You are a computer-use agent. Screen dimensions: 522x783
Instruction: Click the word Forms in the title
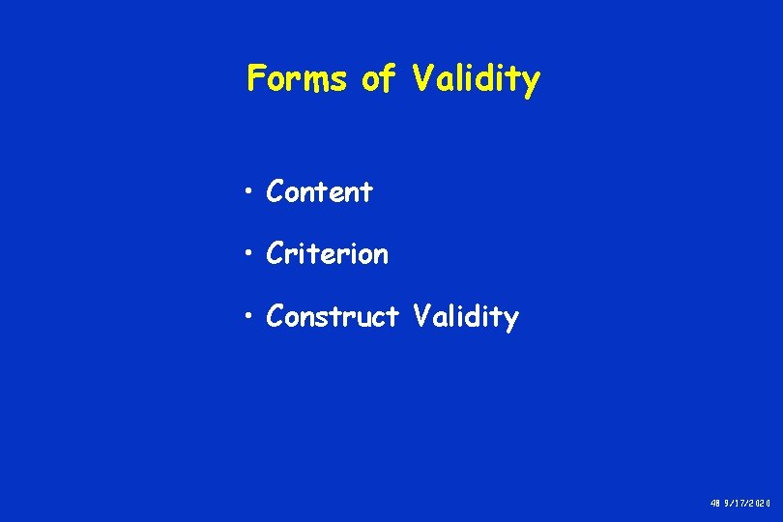(300, 78)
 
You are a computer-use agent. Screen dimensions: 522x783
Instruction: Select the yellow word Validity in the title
(476, 79)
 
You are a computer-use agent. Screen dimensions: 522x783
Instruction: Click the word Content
(319, 192)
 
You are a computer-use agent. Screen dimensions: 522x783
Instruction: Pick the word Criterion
(328, 254)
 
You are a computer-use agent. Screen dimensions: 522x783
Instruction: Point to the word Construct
(333, 316)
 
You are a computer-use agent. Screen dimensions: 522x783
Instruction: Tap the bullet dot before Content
(250, 193)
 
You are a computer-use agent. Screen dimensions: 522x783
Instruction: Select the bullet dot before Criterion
(250, 255)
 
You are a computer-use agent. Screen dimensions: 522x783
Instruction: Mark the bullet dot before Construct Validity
(250, 317)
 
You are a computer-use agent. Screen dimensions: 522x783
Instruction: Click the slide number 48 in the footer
(715, 504)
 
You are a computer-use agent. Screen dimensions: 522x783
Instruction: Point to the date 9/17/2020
(748, 504)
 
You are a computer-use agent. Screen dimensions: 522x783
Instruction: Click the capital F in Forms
(256, 78)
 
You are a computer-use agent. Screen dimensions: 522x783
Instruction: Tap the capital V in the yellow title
(421, 78)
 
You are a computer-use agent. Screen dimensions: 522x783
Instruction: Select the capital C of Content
(275, 192)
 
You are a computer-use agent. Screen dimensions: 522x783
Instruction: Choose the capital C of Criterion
(275, 254)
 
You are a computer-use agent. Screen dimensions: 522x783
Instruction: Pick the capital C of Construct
(275, 316)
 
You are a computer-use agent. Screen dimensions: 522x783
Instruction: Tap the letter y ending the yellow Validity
(531, 83)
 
